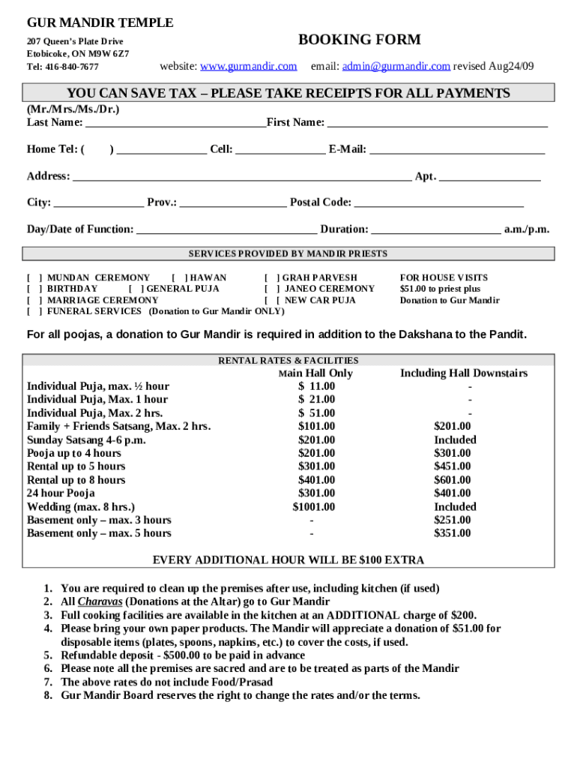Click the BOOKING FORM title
[x=359, y=40]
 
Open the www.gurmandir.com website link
[x=248, y=66]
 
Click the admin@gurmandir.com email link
[x=396, y=66]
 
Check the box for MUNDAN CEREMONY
[x=34, y=277]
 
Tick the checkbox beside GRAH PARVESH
[x=272, y=277]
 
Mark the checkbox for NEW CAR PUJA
[x=272, y=300]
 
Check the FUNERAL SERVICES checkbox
[x=34, y=311]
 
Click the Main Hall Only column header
[x=315, y=373]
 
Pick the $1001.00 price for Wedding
[x=314, y=507]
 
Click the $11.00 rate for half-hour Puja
[x=317, y=386]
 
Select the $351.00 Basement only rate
[x=453, y=533]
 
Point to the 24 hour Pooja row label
[x=61, y=493]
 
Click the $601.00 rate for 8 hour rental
[x=453, y=480]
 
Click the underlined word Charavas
[x=100, y=601]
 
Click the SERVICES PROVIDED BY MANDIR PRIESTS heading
[x=288, y=253]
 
